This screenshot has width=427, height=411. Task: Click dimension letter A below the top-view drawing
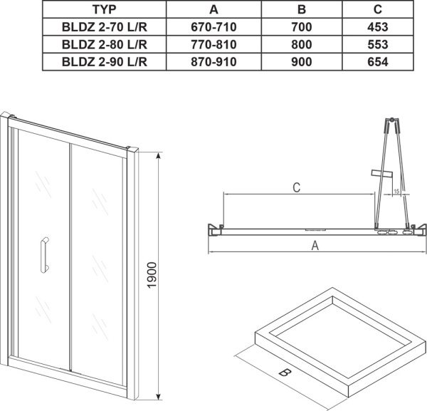pos(314,246)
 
